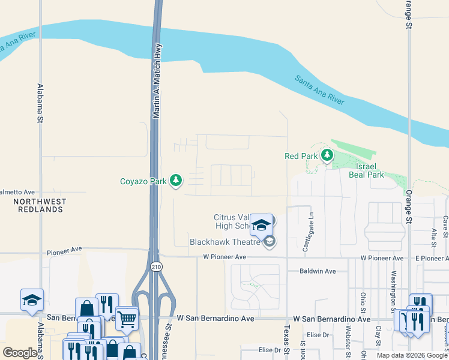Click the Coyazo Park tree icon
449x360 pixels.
pyautogui.click(x=176, y=180)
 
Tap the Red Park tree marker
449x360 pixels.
pyautogui.click(x=327, y=156)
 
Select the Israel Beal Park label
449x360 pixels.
pyautogui.click(x=366, y=170)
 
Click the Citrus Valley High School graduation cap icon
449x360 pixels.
pyautogui.click(x=261, y=225)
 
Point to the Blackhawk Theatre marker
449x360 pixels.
pyautogui.click(x=270, y=242)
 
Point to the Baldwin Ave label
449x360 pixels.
pyautogui.click(x=318, y=271)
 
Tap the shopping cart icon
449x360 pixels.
pyautogui.click(x=127, y=319)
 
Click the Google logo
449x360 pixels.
pyautogui.click(x=20, y=353)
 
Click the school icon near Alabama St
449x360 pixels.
pyautogui.click(x=32, y=301)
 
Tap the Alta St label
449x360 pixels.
pyautogui.click(x=433, y=237)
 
